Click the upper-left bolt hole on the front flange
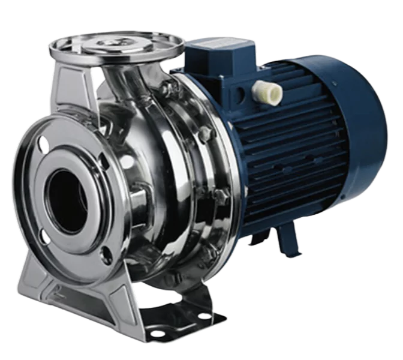point(43,143)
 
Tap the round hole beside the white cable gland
point(242,95)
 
